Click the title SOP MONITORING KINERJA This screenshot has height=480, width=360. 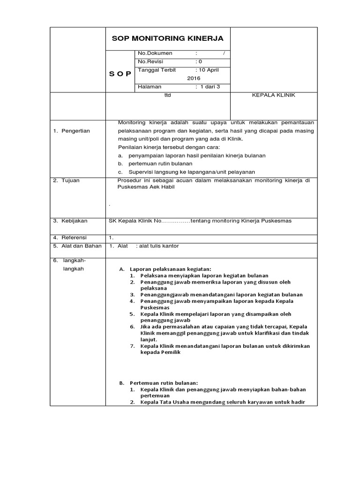(x=167, y=38)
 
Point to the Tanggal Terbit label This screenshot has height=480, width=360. (x=157, y=70)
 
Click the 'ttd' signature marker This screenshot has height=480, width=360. (x=167, y=95)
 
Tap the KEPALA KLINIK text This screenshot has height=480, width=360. (x=274, y=95)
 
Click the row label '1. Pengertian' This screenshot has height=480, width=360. (x=71, y=131)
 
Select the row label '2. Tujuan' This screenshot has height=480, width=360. (x=66, y=180)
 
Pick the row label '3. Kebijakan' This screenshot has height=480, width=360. (x=70, y=220)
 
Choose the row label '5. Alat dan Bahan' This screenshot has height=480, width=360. (x=76, y=246)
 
